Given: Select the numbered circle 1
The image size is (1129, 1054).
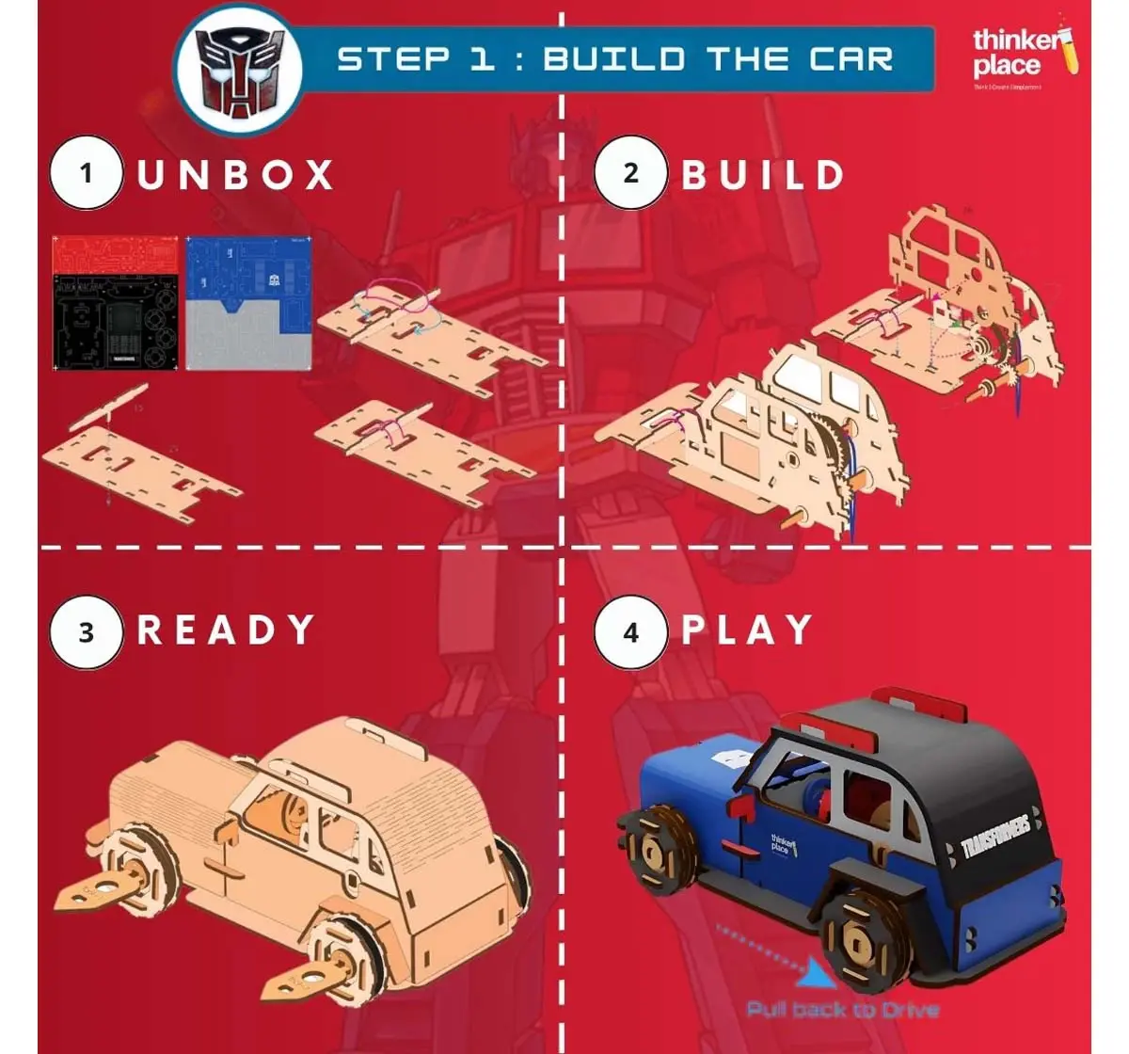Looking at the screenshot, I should (x=87, y=173).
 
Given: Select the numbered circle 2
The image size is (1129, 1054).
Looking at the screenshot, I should (x=630, y=173).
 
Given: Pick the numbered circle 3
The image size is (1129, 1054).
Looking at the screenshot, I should (x=87, y=631).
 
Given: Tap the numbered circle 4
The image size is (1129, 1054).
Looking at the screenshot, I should (x=630, y=631).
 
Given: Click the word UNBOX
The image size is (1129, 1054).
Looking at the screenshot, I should (x=236, y=175).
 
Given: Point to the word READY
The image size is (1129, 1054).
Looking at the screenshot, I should (x=226, y=630).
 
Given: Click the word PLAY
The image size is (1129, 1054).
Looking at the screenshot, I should (x=747, y=630).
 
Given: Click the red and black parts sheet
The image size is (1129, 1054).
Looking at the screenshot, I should (x=115, y=303).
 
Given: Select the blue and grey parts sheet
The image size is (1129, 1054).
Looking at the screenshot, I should (x=247, y=303).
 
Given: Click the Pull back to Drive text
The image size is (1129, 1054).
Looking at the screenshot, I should (x=842, y=1010).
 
